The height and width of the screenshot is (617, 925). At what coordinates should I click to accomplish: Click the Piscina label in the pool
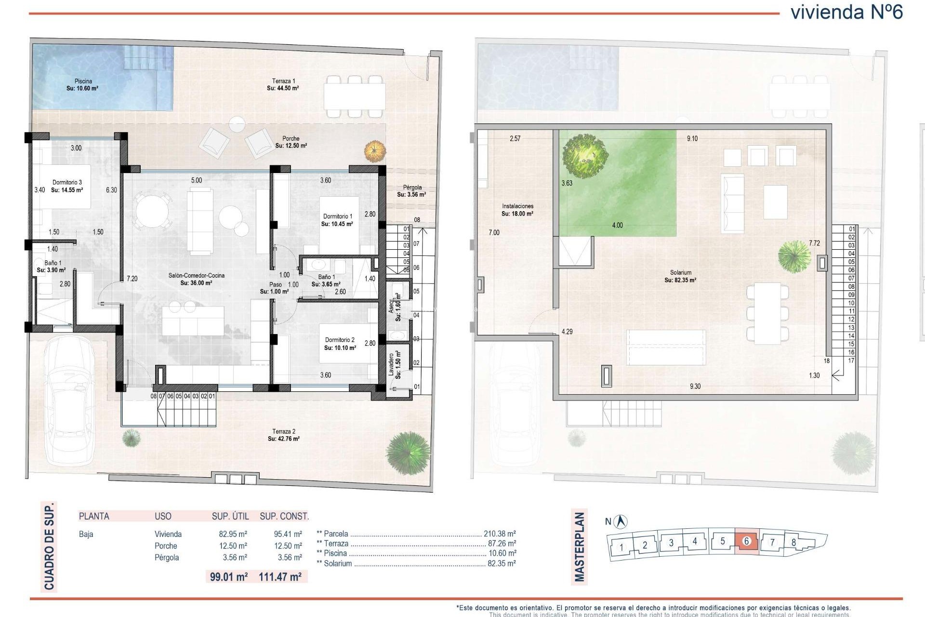[83, 81]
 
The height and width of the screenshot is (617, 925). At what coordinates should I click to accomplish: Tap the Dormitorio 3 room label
[67, 183]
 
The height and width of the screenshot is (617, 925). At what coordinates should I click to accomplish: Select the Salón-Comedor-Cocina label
[196, 276]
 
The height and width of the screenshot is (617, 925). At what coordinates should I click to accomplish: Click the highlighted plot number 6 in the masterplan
[747, 541]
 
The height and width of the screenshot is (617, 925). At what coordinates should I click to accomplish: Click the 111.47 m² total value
[280, 577]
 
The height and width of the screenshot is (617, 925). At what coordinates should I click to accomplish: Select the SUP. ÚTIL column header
[230, 516]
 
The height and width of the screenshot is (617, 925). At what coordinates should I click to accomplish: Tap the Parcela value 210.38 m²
[500, 534]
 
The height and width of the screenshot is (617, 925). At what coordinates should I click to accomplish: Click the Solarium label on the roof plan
[680, 273]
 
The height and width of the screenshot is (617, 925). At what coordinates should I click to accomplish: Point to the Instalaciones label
[517, 206]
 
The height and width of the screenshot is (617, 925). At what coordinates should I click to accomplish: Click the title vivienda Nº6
[846, 12]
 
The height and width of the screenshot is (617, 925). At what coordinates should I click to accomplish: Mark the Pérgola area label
[412, 188]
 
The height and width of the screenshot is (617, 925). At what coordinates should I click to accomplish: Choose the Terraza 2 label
[284, 431]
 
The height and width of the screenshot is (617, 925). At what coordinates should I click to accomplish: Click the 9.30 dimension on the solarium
[695, 386]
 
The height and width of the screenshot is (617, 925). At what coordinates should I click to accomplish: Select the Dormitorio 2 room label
[340, 340]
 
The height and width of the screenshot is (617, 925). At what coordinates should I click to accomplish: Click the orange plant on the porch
[375, 151]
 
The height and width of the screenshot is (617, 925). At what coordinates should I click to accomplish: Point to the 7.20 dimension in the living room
[132, 279]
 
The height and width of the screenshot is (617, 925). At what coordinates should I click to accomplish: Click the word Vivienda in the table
[168, 534]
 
